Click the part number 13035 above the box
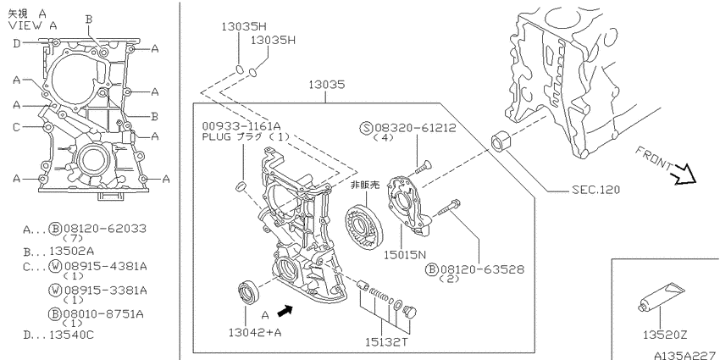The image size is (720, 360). [326, 85]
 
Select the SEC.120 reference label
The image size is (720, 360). [595, 189]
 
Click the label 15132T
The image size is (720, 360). [386, 342]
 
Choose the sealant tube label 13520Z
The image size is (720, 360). [665, 335]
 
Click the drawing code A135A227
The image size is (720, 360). [686, 355]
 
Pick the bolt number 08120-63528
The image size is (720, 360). [482, 269]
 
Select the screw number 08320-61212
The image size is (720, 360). [416, 128]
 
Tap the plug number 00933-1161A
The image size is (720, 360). [241, 126]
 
